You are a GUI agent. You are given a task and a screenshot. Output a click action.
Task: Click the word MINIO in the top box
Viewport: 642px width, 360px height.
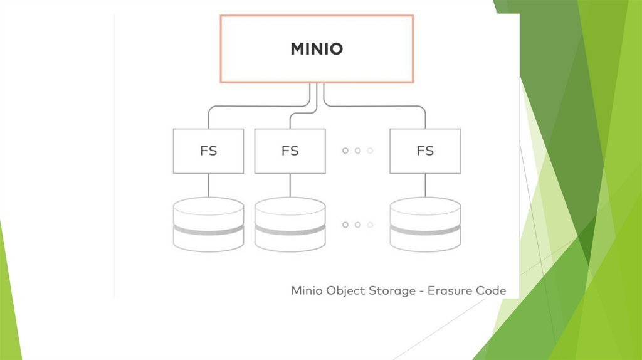(317, 49)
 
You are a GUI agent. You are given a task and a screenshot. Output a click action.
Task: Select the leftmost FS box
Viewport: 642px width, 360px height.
(208, 151)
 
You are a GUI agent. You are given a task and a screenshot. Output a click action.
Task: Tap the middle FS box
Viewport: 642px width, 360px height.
(290, 151)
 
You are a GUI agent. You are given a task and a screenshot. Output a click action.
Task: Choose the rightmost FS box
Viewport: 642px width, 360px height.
(425, 151)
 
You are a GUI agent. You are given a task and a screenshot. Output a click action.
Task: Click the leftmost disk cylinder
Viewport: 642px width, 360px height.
(208, 224)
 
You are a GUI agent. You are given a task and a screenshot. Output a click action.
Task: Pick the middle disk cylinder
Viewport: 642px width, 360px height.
(290, 224)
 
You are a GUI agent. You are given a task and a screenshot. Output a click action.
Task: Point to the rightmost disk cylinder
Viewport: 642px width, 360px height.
(425, 224)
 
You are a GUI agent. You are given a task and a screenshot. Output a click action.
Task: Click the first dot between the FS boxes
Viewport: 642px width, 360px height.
(345, 151)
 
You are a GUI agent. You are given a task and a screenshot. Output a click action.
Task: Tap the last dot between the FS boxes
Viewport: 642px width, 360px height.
(370, 151)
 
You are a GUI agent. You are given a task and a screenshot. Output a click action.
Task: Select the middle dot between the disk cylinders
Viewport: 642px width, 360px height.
(357, 225)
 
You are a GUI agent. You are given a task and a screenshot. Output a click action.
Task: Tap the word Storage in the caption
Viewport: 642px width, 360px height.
(392, 292)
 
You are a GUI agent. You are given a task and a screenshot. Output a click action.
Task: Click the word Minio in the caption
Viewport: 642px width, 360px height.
(305, 291)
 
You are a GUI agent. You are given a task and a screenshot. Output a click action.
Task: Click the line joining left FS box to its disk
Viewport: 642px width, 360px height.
(208, 186)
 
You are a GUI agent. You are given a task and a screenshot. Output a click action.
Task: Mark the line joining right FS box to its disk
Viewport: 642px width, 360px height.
(425, 186)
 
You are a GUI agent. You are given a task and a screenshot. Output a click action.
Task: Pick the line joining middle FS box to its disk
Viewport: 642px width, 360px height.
(290, 186)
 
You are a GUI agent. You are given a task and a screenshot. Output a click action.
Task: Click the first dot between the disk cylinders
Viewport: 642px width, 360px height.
(345, 225)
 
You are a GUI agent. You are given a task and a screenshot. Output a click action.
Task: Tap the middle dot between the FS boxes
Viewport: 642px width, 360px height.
(357, 151)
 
